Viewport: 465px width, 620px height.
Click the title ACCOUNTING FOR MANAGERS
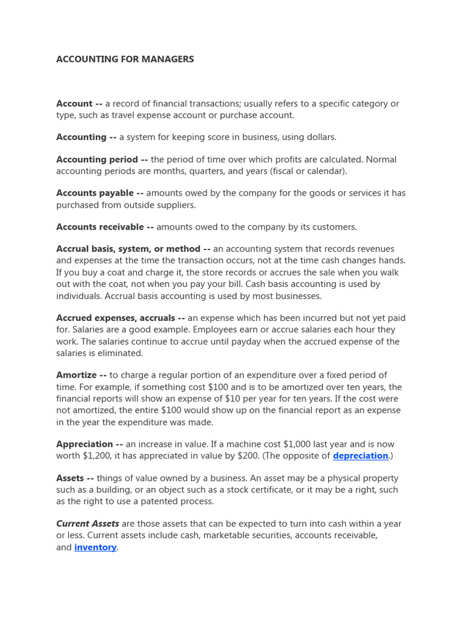point(125,59)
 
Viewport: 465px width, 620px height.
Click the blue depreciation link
point(360,456)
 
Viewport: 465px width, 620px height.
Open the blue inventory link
point(95,547)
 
